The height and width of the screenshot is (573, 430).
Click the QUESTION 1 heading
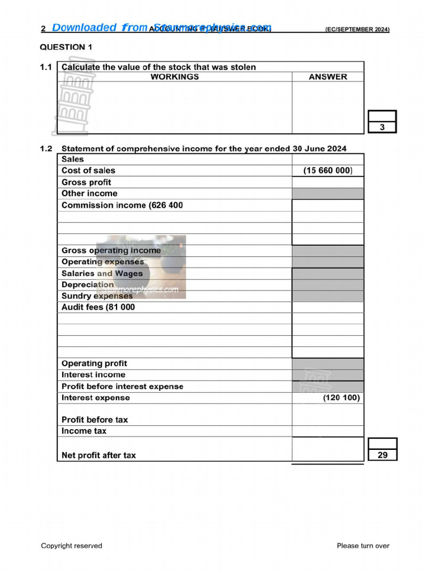point(67,47)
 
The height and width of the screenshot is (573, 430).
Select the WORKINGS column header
point(175,77)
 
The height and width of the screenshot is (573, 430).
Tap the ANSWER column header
point(328,77)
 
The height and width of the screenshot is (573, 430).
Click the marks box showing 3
point(382,127)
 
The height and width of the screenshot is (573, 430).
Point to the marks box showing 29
point(382,455)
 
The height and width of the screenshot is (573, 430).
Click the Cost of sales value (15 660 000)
point(328,171)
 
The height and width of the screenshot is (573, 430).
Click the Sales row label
point(72,159)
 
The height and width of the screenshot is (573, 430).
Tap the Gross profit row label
point(86,182)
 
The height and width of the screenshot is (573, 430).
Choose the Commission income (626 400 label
point(122,205)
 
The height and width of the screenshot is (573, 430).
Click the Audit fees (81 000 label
point(98,307)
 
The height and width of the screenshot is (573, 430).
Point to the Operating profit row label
point(94,364)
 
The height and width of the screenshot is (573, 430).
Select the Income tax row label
point(84,431)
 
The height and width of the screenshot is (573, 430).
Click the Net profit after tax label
point(99,455)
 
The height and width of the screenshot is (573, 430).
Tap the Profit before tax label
point(95,420)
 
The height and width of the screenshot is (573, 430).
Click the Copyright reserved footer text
point(72,546)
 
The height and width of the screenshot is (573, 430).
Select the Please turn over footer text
point(363,546)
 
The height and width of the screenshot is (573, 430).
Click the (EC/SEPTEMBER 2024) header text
point(357,29)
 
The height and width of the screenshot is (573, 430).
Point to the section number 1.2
point(46,149)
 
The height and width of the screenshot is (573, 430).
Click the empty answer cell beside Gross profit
point(328,182)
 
